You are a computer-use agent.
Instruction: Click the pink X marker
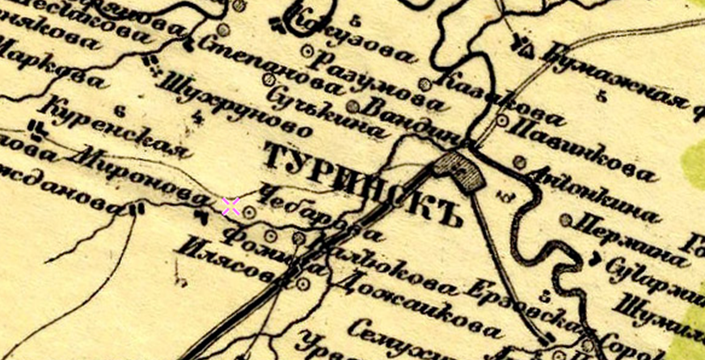click(230, 205)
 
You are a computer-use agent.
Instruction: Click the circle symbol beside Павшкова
click(503, 121)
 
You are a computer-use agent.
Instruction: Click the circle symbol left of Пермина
click(566, 219)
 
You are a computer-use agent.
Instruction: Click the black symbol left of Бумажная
click(525, 45)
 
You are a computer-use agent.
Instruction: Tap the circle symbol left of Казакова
click(424, 84)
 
